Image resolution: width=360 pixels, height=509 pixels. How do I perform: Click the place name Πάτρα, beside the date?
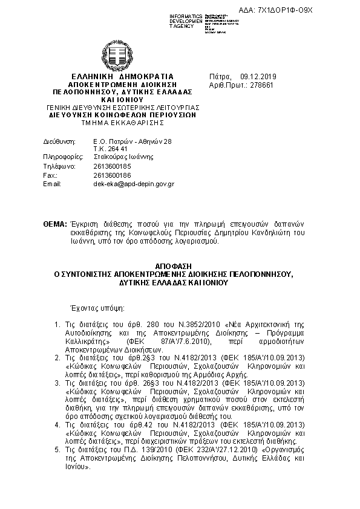[x=220, y=77]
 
